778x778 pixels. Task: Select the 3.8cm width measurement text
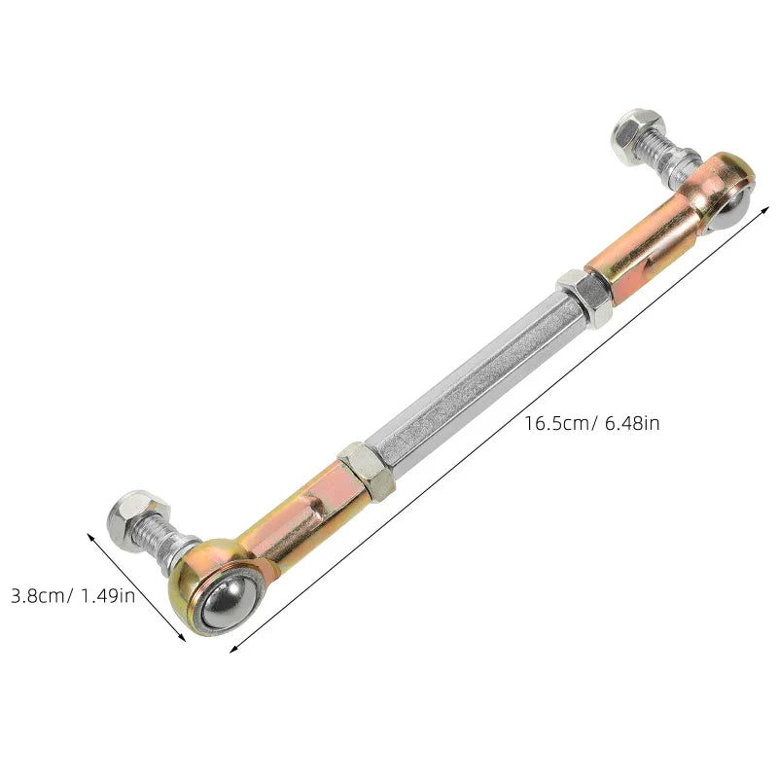pyautogui.click(x=38, y=595)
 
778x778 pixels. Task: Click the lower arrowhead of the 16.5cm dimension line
pyautogui.click(x=234, y=649)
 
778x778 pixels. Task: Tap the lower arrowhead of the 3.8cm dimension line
pyautogui.click(x=182, y=639)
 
